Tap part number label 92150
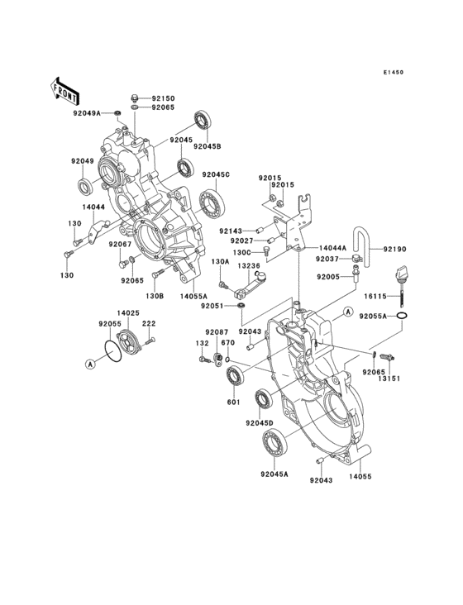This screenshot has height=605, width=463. [x=163, y=97]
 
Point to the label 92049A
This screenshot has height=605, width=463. [x=87, y=113]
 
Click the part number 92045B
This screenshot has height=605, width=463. [x=208, y=146]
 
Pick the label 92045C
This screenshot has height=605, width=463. [x=216, y=174]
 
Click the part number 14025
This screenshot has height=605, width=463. [x=126, y=313]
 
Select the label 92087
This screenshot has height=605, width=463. [x=217, y=331]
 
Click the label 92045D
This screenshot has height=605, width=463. [x=258, y=422]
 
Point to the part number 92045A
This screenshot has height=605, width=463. [x=274, y=474]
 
